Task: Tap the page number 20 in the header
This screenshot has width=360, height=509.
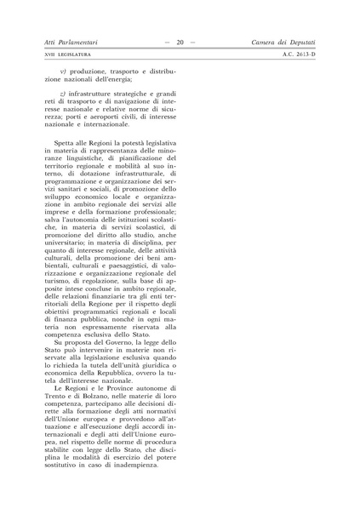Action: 180,41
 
